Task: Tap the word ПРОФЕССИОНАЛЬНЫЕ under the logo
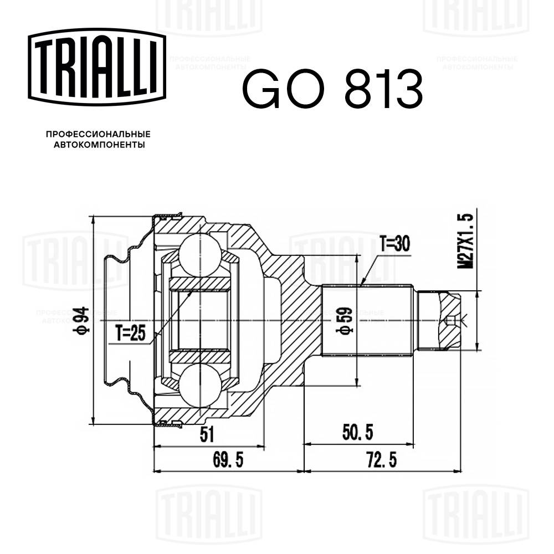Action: tap(98, 134)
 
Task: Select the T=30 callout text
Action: tap(396, 243)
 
